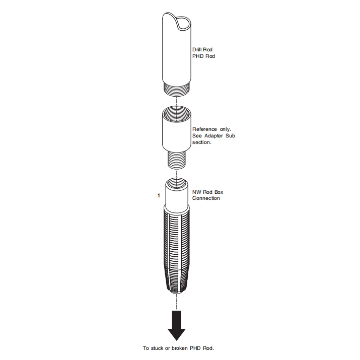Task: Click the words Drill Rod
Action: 203,50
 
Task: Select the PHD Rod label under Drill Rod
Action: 202,56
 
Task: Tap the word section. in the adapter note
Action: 201,142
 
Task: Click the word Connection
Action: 206,198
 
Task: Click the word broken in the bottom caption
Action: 184,348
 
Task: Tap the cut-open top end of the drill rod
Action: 180,23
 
